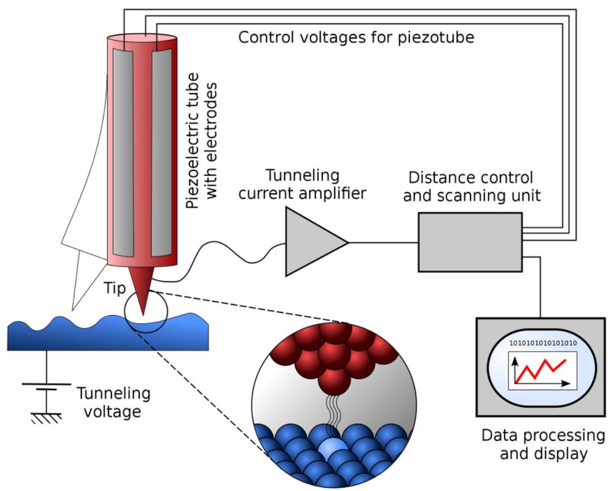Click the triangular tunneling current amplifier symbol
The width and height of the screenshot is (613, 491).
pyautogui.click(x=312, y=242)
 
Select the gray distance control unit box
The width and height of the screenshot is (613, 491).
pyautogui.click(x=470, y=243)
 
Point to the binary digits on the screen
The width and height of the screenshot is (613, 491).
pyautogui.click(x=542, y=343)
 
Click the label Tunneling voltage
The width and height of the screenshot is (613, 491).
pyautogui.click(x=113, y=403)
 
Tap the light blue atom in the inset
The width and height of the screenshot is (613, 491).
pyautogui.click(x=333, y=448)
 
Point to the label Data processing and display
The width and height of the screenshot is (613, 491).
pyautogui.click(x=543, y=444)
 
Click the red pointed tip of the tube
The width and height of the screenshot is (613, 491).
pyautogui.click(x=144, y=292)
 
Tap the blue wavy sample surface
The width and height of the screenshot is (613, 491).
pyautogui.click(x=106, y=334)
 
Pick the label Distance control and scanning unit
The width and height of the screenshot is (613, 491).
pyautogui.click(x=471, y=187)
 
